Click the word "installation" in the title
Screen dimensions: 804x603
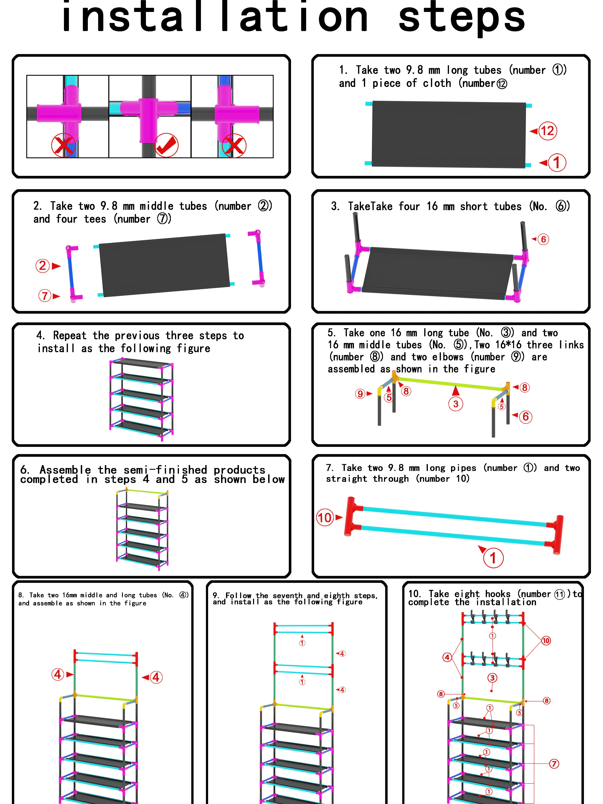point(215,16)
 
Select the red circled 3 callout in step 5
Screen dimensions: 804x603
point(456,404)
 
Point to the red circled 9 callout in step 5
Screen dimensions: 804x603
point(360,394)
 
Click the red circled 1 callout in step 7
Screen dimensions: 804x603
point(493,558)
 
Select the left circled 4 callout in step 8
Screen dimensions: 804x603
point(58,675)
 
